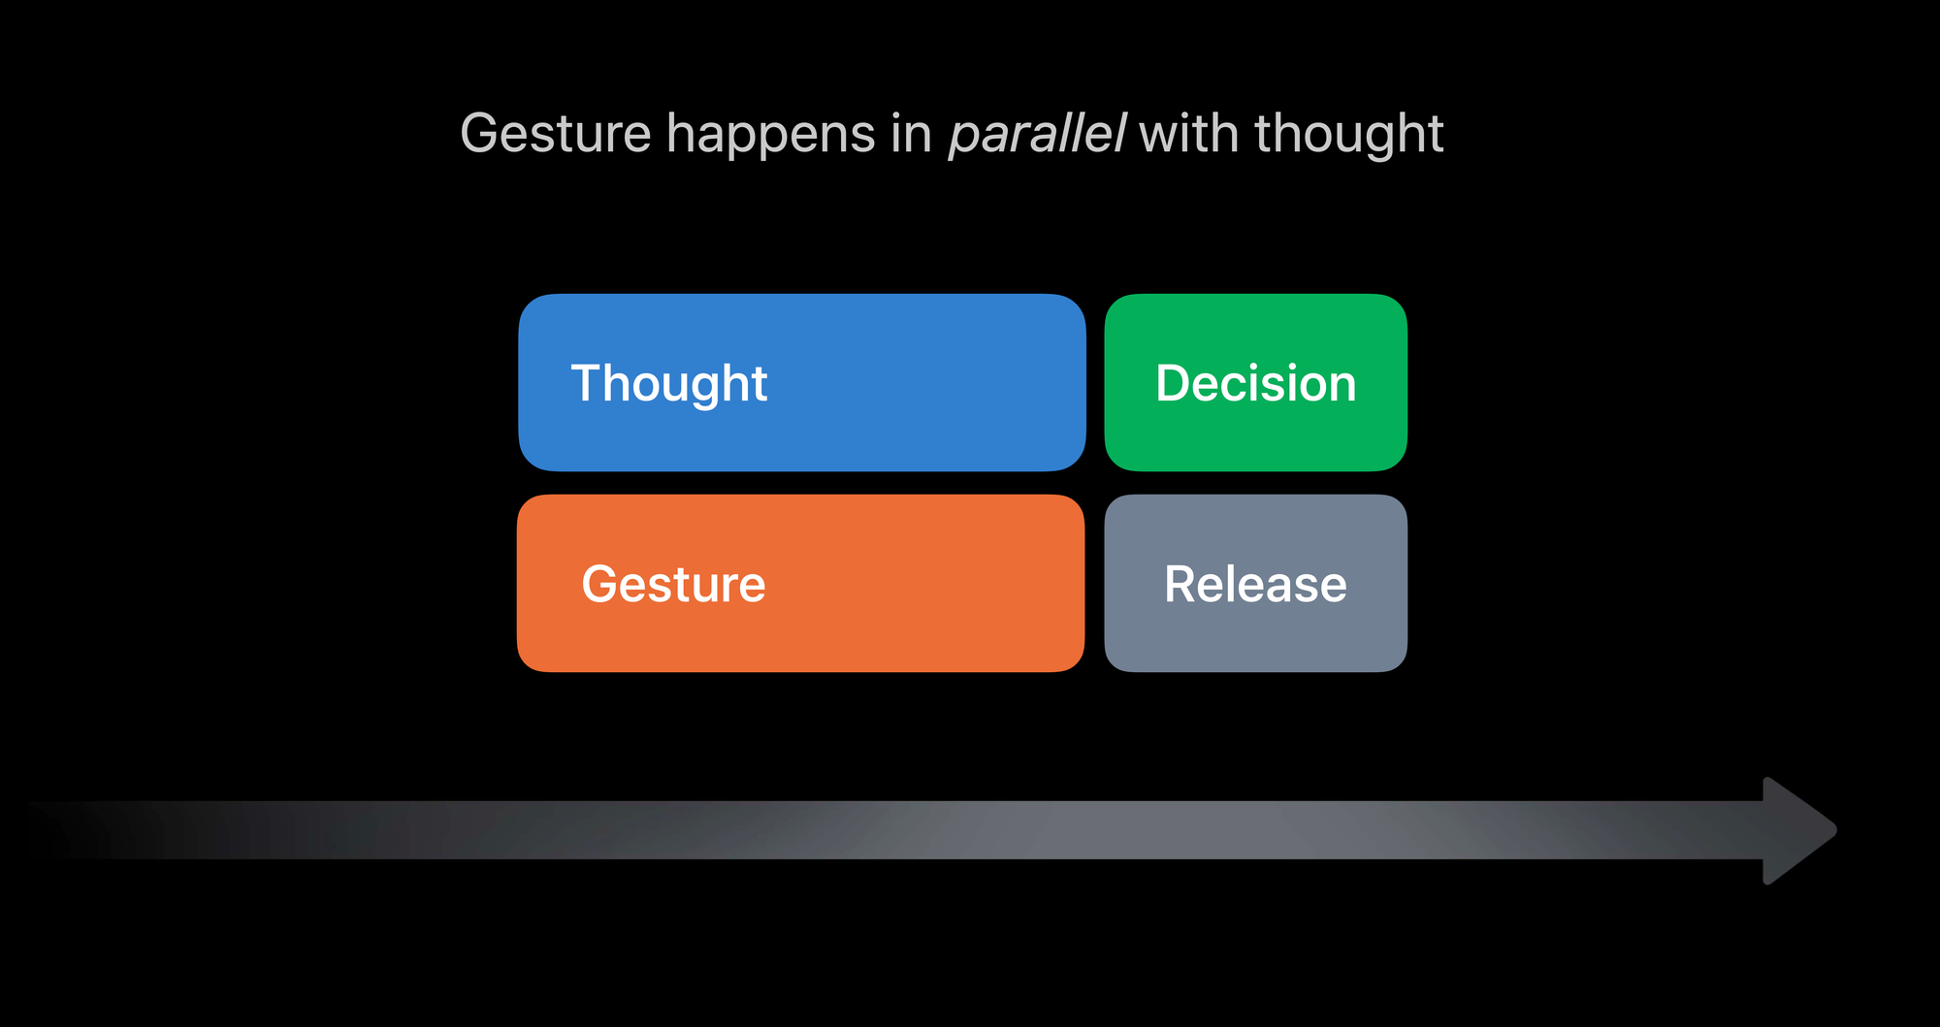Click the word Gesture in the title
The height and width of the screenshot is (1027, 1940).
(x=556, y=133)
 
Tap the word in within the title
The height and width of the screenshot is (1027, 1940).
(x=911, y=133)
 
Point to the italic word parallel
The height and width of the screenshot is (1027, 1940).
(x=1037, y=133)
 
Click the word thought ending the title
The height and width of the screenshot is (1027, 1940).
(x=1349, y=137)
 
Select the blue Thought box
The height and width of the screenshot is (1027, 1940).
(x=802, y=383)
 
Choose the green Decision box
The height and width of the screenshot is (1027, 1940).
(x=1256, y=383)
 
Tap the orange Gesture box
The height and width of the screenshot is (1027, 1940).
(x=801, y=584)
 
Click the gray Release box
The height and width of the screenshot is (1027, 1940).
(x=1256, y=584)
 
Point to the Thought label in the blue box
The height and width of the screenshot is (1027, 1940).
(x=669, y=385)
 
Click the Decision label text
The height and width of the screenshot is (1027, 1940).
(x=1256, y=383)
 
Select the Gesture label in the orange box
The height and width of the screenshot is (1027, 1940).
(x=674, y=584)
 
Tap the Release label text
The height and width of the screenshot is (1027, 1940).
(x=1256, y=584)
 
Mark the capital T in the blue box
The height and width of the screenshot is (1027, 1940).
(x=588, y=383)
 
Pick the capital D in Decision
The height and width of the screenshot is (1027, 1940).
(x=1174, y=383)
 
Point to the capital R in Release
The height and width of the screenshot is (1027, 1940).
(x=1181, y=584)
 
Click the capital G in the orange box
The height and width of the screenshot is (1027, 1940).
(x=601, y=584)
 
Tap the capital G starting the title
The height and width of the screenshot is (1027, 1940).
(x=481, y=133)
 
